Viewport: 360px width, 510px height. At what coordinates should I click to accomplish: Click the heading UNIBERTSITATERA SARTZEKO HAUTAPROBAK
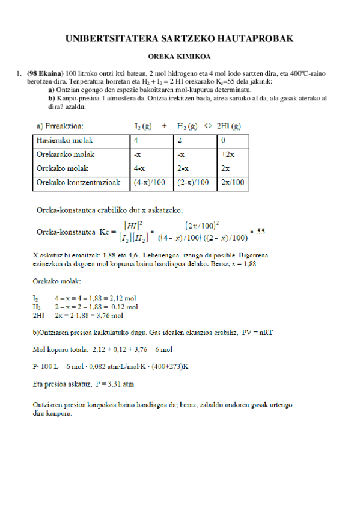point(179,39)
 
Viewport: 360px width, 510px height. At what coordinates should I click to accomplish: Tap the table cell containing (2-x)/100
point(195,182)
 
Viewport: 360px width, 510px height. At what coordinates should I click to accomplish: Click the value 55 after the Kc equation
point(261,230)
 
